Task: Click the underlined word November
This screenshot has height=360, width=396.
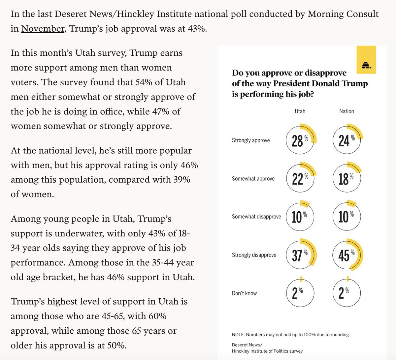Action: [x=43, y=29]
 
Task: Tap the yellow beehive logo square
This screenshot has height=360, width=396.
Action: [x=366, y=60]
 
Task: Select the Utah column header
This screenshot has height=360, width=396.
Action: [x=300, y=111]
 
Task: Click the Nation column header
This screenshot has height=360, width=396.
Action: [x=346, y=111]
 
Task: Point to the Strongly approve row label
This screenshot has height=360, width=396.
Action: [x=251, y=140]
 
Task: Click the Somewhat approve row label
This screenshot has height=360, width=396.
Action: [x=253, y=179]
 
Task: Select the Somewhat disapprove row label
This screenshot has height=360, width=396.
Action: [x=256, y=217]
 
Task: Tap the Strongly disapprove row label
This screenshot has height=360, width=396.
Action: [x=254, y=255]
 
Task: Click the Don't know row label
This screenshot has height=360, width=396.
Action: [x=244, y=293]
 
